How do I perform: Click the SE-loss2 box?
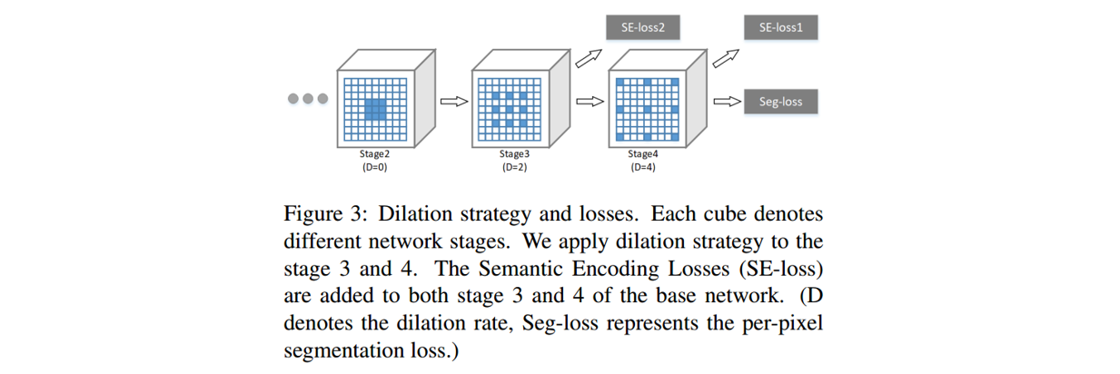point(643,27)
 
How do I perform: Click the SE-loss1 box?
point(779,27)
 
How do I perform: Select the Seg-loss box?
point(779,102)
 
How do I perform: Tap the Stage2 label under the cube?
point(373,154)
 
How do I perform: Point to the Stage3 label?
point(513,154)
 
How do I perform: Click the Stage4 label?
point(642,154)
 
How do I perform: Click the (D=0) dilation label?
point(373,167)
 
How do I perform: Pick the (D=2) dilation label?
point(513,167)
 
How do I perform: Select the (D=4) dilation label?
point(642,167)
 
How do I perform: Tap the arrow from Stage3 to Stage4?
point(590,102)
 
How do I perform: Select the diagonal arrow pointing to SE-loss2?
point(588,59)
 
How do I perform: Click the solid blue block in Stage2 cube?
point(374,110)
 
